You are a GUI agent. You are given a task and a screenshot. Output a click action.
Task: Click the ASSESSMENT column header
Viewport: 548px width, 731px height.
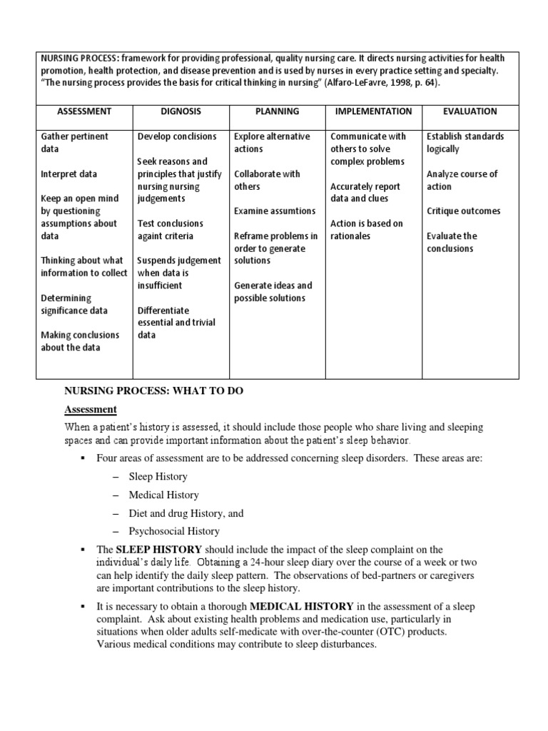(85, 111)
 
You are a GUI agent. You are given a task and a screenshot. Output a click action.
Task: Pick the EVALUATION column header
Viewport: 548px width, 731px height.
(470, 111)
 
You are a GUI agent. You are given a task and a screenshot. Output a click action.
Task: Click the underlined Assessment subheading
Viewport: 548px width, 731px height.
(91, 409)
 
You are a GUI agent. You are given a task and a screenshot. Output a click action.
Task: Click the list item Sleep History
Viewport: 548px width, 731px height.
(158, 477)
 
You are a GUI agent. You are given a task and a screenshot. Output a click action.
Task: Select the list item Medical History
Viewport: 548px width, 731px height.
(163, 495)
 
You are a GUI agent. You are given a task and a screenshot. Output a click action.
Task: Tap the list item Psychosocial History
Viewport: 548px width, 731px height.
(174, 531)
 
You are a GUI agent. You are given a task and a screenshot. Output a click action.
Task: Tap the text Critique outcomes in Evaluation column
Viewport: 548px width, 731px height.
(463, 211)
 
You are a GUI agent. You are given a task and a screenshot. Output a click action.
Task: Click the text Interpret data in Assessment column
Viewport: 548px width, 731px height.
(69, 174)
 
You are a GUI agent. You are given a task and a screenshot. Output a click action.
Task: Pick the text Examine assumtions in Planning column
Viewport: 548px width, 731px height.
(275, 211)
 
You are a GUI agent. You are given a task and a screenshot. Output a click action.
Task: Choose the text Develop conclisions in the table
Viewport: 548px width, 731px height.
(178, 136)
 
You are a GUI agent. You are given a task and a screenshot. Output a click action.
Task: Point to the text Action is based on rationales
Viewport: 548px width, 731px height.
(366, 230)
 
